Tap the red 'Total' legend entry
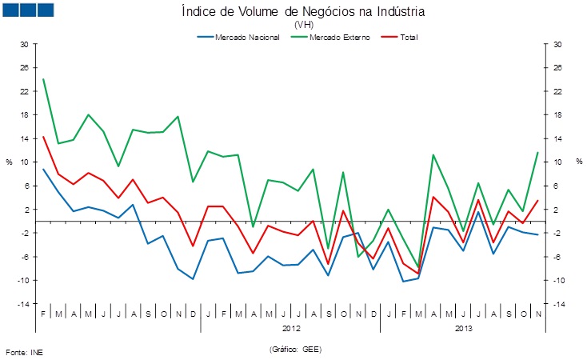coord(407,37)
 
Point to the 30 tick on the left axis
coord(24,44)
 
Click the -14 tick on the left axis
coord(23,304)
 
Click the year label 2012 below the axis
coord(291,328)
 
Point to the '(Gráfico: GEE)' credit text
coord(295,350)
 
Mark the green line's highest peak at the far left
coord(43,78)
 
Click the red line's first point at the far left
coord(43,137)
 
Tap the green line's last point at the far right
coord(537,153)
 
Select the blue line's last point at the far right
coord(537,234)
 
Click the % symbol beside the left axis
coord(10,162)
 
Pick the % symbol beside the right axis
coord(577,162)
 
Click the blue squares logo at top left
coord(28,10)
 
